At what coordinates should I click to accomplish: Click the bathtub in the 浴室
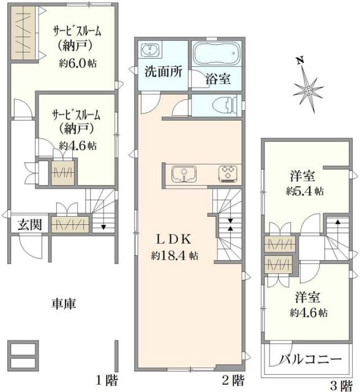tap(217, 56)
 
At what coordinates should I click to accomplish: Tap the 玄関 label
tap(29, 224)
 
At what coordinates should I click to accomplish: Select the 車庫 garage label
tap(63, 303)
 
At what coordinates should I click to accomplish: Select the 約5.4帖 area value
tap(304, 190)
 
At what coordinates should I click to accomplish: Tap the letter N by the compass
tap(300, 61)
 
